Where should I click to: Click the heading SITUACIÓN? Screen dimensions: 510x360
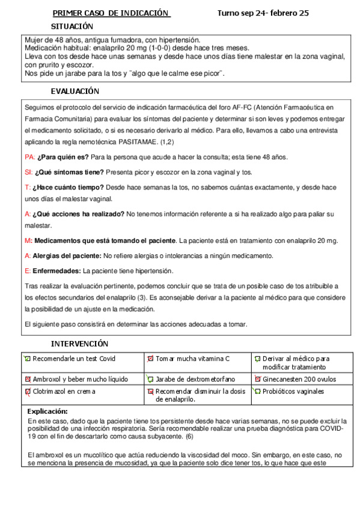coord(72,26)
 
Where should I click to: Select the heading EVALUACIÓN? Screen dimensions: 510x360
coord(75,91)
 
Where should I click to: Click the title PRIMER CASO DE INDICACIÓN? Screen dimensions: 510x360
coord(111,13)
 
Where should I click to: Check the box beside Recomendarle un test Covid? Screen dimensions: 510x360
coord(28,358)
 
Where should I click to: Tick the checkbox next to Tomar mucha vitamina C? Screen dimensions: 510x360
coord(151,358)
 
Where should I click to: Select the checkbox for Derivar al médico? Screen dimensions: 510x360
coord(257,359)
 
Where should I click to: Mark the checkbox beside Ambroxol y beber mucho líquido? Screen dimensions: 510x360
coord(28,379)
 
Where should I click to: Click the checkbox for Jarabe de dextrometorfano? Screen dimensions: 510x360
coord(151,379)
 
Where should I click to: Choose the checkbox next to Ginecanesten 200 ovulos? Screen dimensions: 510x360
coord(257,379)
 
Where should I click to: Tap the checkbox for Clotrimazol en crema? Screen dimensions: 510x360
coord(28,391)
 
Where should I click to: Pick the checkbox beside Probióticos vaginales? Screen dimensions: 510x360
coord(257,391)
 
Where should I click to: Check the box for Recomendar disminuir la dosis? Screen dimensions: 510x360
coord(151,391)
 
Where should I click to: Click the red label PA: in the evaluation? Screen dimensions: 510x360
coord(29,157)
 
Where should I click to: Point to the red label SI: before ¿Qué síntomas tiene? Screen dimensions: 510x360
coord(28,172)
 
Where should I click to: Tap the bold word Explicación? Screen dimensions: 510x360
coord(48,411)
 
